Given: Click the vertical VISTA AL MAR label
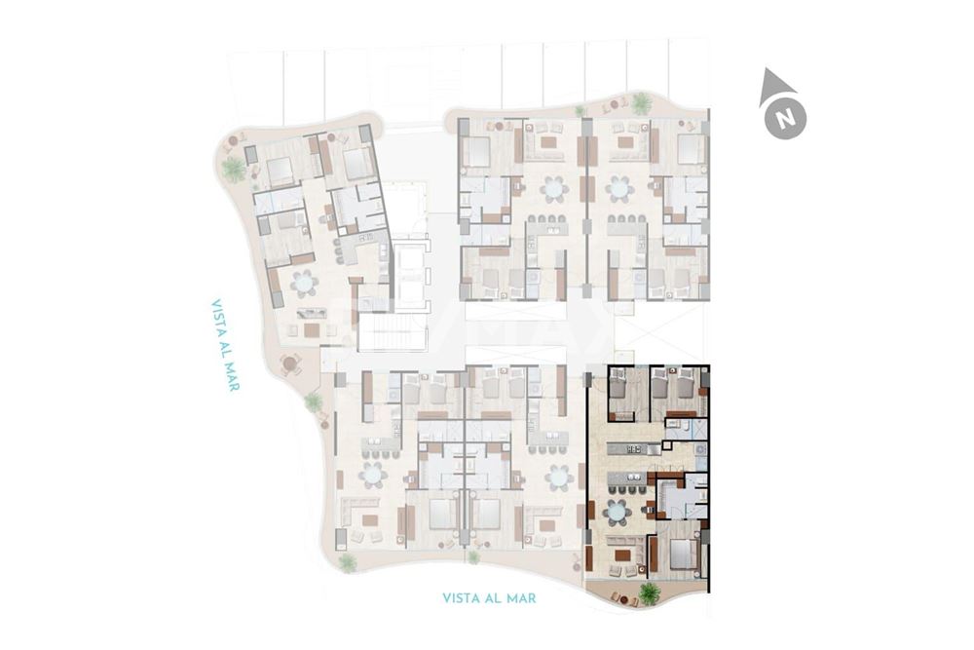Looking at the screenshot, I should [x=225, y=345].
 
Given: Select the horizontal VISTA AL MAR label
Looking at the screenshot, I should [x=503, y=597].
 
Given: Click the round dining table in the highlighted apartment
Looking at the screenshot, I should [x=617, y=511].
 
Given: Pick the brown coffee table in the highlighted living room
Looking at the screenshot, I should [x=620, y=555].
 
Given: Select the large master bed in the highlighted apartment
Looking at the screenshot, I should [x=683, y=554].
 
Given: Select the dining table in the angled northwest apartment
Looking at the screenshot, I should [x=304, y=284].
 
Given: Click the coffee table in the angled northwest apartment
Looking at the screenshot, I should [x=312, y=329].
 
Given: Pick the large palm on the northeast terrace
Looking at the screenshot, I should [x=641, y=103].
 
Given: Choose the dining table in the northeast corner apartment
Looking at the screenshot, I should [x=619, y=187].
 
